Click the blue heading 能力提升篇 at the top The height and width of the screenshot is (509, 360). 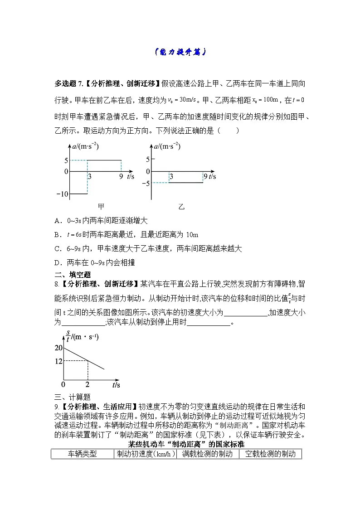(180, 52)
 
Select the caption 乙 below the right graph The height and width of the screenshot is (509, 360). (181, 206)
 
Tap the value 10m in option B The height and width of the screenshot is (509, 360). (192, 235)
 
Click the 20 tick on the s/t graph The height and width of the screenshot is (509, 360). (58, 348)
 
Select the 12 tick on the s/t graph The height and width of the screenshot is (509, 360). (58, 361)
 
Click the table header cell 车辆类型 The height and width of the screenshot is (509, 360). (82, 454)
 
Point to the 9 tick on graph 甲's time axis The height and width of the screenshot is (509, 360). (121, 177)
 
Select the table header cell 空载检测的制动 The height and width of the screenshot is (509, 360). (270, 454)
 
